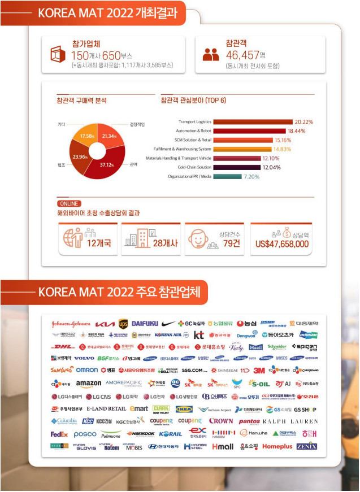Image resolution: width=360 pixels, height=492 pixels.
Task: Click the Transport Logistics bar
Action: pyautogui.click(x=253, y=122)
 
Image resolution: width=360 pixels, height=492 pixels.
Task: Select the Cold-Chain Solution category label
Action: pyautogui.click(x=194, y=167)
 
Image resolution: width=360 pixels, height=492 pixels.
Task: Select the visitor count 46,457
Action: pyautogui.click(x=241, y=55)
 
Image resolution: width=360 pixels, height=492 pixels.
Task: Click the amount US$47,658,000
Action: pyautogui.click(x=281, y=244)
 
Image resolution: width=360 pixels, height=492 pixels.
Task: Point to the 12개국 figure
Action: pyautogui.click(x=99, y=243)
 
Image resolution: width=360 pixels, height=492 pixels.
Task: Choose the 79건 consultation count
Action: pyautogui.click(x=232, y=243)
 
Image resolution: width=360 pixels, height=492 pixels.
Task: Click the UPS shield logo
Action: pyautogui.click(x=123, y=324)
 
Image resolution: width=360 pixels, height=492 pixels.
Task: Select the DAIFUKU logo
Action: pyautogui.click(x=145, y=324)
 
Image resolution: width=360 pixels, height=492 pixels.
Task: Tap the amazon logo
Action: pyautogui.click(x=88, y=384)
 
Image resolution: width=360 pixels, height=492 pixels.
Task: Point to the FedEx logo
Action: pyautogui.click(x=59, y=434)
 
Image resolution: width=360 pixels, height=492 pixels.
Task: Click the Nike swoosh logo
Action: pyautogui.click(x=168, y=324)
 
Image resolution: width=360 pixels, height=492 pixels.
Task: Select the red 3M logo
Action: pyautogui.click(x=259, y=371)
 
